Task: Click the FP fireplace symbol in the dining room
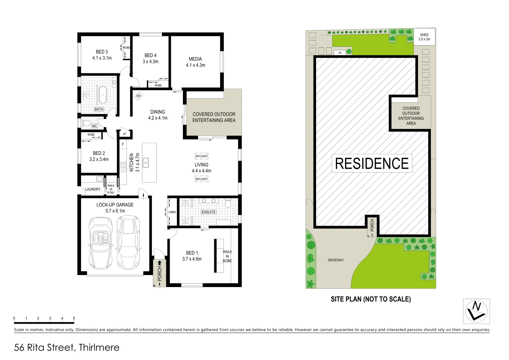[139, 96]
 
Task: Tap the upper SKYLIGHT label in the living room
[202, 156]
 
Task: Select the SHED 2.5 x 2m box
[424, 37]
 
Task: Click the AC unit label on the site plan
[340, 53]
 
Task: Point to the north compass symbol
[476, 311]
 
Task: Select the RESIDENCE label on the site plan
[372, 163]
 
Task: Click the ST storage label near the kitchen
[125, 134]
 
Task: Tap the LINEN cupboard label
[172, 212]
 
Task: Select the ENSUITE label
[209, 212]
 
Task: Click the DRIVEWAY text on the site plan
[335, 260]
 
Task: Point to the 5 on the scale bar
[74, 318]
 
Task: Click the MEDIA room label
[195, 59]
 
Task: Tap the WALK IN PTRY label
[111, 189]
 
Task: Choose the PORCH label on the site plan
[372, 225]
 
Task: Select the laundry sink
[99, 179]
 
